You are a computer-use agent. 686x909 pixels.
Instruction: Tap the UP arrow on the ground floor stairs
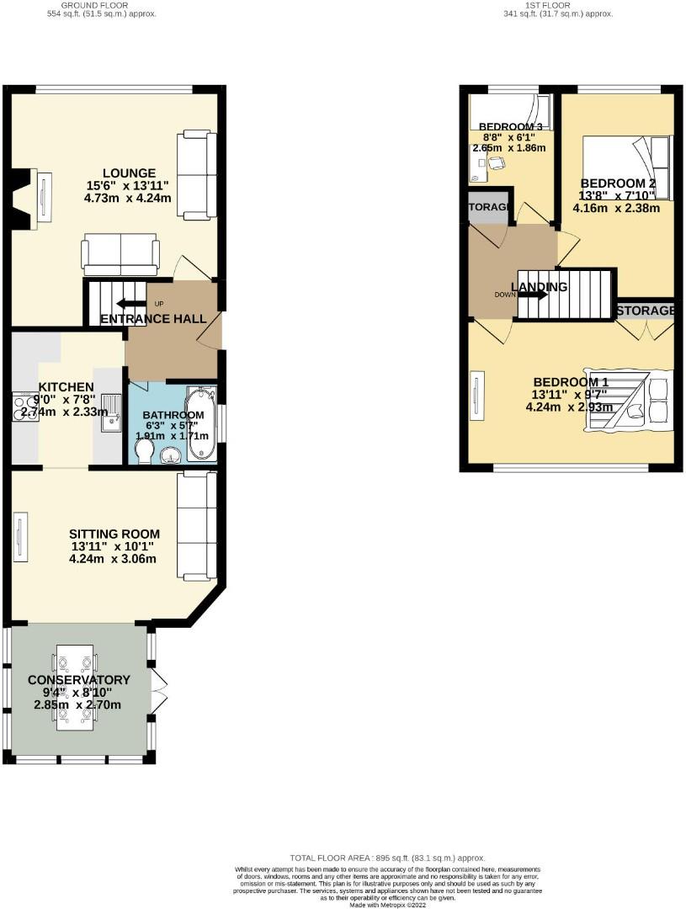coord(131,304)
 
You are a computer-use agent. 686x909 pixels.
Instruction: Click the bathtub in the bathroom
coord(201,423)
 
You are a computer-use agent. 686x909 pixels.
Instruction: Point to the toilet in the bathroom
coord(144,454)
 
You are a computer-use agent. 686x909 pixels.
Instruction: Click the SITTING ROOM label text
coord(114,534)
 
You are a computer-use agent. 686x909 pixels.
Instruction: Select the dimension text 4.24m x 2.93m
coord(567,407)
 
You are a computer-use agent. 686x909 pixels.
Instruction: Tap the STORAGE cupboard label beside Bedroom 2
coord(645,311)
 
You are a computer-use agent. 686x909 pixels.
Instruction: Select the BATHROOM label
coord(173,415)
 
